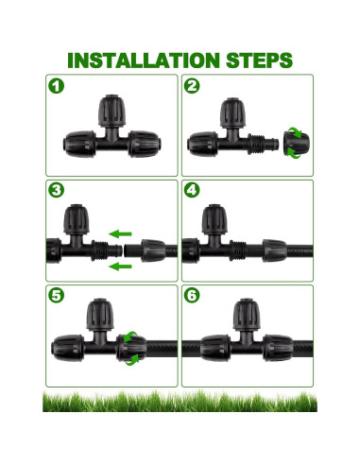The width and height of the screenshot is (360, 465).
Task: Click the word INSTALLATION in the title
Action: point(144,60)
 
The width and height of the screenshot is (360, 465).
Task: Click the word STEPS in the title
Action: point(259,60)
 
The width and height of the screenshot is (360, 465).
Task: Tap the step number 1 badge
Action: point(56,86)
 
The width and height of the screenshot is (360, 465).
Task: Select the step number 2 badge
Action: point(192,86)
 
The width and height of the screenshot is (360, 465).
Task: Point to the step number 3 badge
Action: point(56,190)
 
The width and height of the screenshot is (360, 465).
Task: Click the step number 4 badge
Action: point(192,190)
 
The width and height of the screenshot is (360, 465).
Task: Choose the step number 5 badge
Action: point(56,295)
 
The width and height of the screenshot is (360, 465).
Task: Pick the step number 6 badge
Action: point(192,295)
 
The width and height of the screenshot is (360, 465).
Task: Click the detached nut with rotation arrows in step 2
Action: point(297,143)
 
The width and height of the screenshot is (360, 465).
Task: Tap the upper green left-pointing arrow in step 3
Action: point(120,234)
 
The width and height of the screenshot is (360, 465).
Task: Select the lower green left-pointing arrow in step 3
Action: point(120,267)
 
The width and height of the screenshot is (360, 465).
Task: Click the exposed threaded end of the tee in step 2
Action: point(263,144)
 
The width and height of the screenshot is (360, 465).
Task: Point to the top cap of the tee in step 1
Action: point(111,111)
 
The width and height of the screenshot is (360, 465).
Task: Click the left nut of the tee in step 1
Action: point(80,145)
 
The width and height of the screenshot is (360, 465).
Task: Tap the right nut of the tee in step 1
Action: point(145,144)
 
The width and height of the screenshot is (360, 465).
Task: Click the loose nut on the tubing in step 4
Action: point(274,250)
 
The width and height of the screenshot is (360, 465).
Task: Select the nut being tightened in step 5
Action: point(131,348)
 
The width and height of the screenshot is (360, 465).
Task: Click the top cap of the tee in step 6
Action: point(247,315)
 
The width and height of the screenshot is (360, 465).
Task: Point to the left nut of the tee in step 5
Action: point(68,348)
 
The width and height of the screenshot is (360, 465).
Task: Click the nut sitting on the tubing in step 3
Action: point(153,250)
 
